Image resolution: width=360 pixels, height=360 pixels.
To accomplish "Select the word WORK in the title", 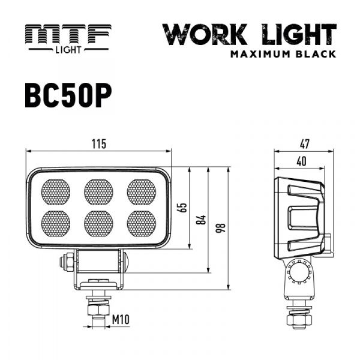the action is click(x=205, y=34).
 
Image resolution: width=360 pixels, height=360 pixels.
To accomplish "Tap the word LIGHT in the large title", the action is click(x=299, y=34).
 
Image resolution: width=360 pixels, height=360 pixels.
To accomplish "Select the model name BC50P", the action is click(x=68, y=95).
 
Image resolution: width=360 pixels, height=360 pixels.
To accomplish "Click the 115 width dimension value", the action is click(x=99, y=144).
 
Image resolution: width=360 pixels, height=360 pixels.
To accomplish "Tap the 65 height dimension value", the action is click(x=183, y=208).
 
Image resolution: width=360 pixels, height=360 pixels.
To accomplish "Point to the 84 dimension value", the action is click(x=202, y=220).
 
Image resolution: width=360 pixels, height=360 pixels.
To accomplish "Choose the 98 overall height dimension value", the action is click(x=221, y=228).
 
